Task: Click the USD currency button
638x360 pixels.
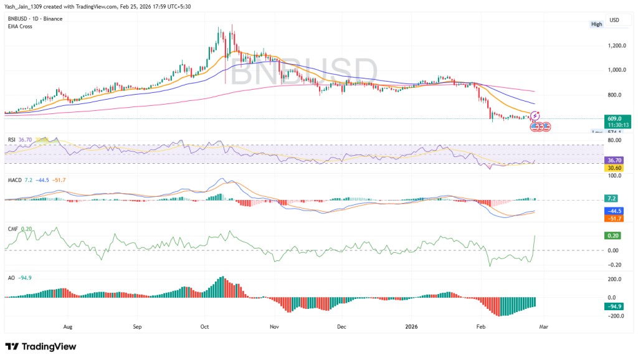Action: tap(614, 21)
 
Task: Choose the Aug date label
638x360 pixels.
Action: tap(68, 326)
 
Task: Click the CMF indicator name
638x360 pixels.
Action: tap(12, 229)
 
